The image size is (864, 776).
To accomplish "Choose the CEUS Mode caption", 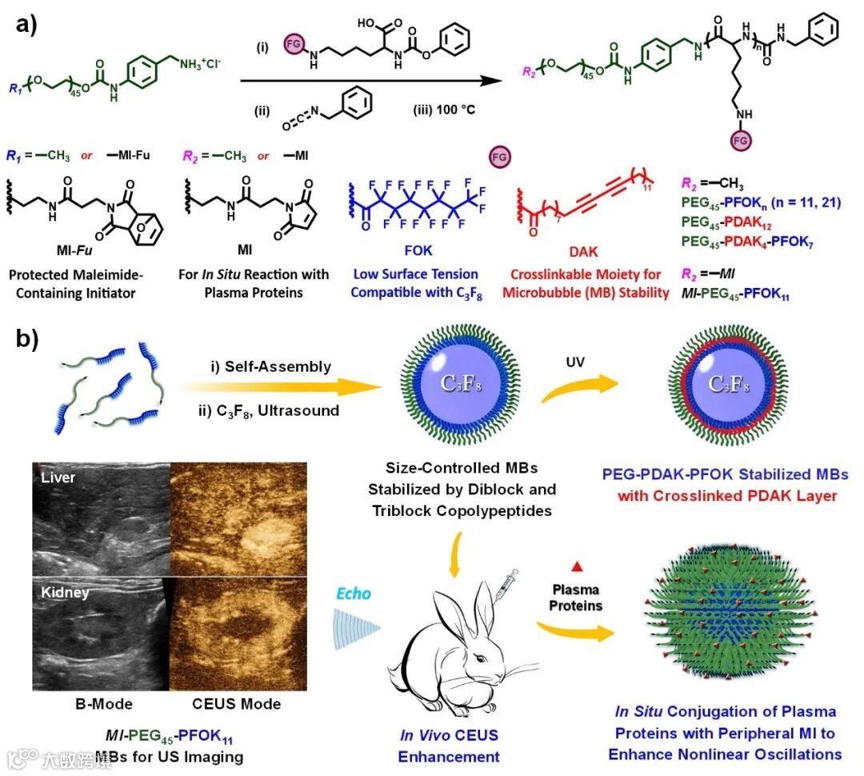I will [237, 704].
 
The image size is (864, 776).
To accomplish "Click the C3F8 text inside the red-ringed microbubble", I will [730, 382].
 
